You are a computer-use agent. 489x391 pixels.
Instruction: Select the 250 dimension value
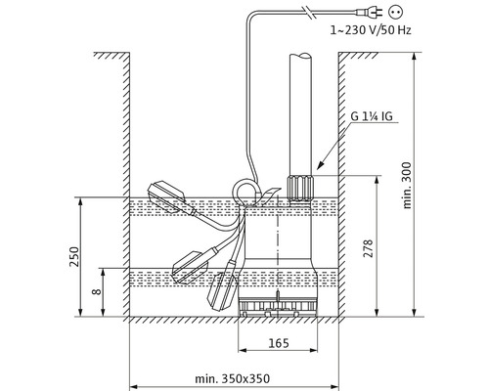click(x=70, y=256)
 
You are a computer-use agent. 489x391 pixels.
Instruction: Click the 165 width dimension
click(x=279, y=346)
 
